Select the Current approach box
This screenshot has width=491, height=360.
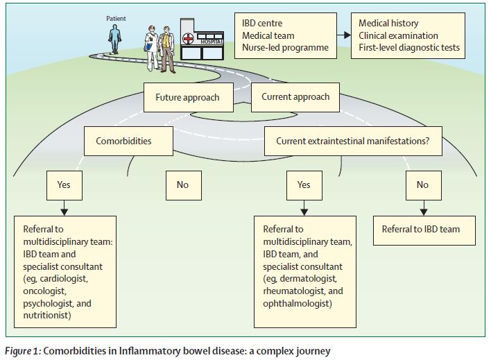pos(295,97)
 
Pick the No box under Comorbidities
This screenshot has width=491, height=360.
pos(182,185)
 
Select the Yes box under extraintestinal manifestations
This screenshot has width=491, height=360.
pos(304,185)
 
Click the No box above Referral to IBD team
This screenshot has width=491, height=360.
pos(423,185)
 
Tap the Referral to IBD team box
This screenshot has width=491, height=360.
pos(422,230)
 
